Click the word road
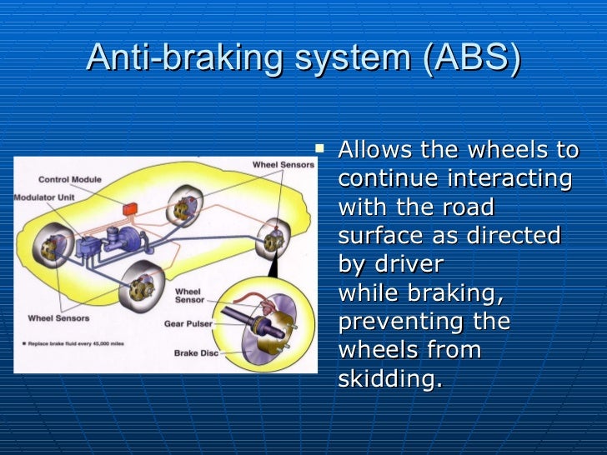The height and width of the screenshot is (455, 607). coord(466,207)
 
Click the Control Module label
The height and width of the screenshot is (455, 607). coord(70,180)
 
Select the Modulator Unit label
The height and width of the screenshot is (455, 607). coord(44,197)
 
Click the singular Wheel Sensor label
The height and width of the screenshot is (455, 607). coord(188,297)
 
